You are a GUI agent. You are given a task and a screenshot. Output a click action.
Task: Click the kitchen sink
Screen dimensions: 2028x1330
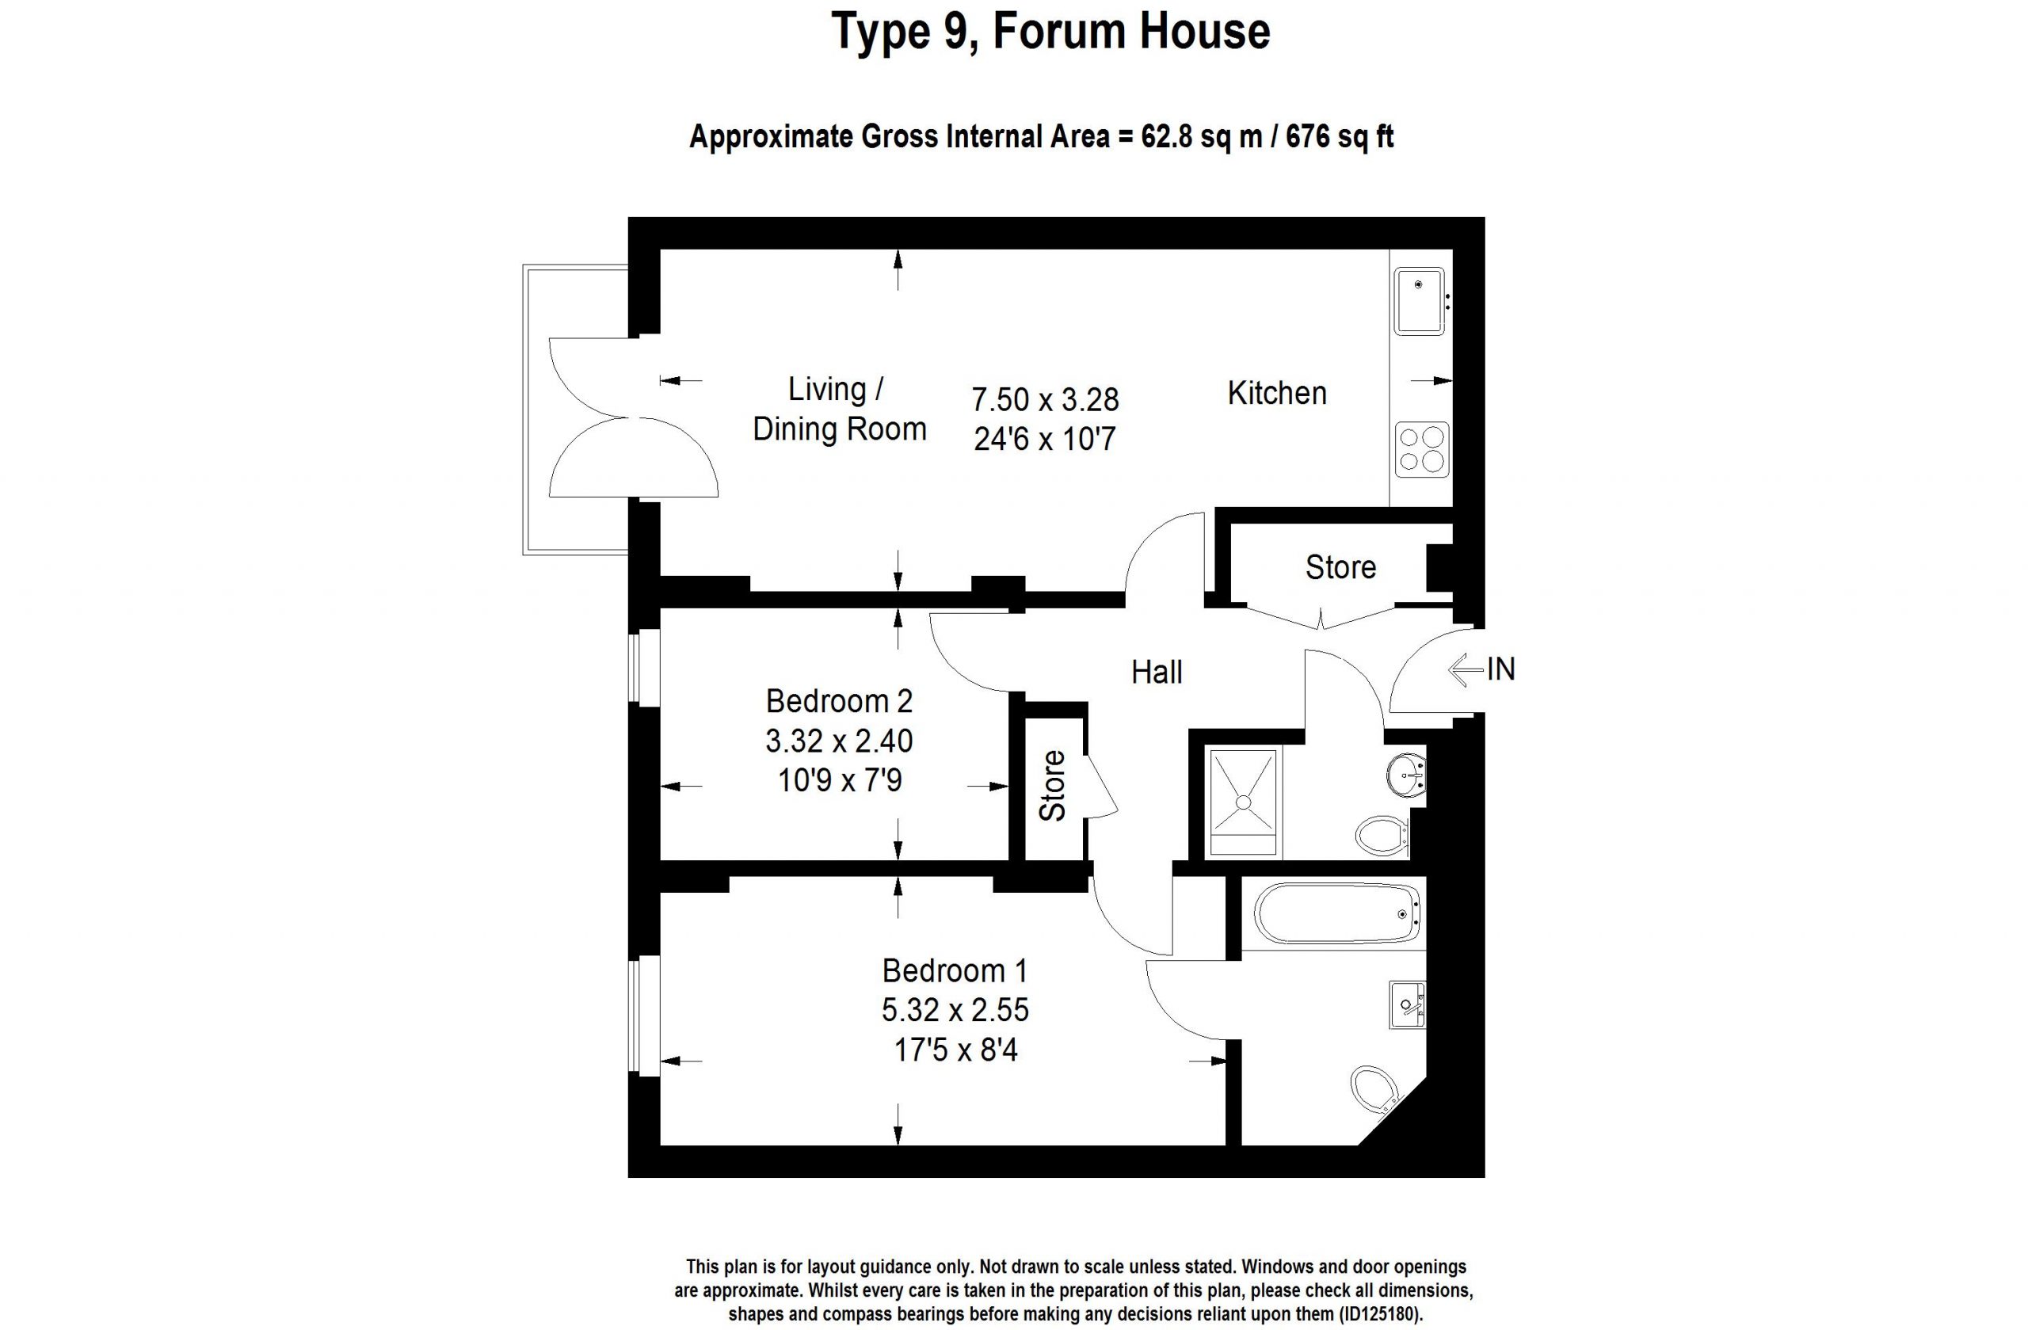coord(1419,301)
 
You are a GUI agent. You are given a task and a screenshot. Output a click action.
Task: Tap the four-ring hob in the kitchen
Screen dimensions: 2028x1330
coord(1422,449)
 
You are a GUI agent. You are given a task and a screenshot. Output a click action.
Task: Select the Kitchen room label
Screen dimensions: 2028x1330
coord(1276,393)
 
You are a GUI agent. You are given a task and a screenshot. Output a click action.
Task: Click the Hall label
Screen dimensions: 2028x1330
coord(1157,673)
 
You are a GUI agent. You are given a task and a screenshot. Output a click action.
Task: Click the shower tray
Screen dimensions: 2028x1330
coord(1243,802)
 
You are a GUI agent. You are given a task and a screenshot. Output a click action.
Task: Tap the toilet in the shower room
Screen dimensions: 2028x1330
coord(1382,836)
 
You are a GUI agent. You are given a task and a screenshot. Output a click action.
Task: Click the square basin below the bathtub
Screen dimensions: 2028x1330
coord(1407,1004)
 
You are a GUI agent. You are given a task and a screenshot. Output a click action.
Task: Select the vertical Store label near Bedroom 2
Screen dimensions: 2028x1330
coord(1053,786)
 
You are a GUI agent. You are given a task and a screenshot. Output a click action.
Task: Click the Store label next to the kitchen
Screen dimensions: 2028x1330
coord(1340,566)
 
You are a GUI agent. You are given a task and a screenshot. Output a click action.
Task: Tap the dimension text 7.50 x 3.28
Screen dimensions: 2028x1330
coord(1046,398)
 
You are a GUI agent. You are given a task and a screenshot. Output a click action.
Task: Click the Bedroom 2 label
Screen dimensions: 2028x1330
coord(839,701)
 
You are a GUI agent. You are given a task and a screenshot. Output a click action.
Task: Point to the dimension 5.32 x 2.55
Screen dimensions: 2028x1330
coord(955,1011)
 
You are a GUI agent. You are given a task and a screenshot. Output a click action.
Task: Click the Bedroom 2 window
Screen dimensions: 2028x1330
coord(644,667)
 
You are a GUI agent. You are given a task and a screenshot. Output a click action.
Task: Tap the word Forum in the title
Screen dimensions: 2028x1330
coord(1060,32)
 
